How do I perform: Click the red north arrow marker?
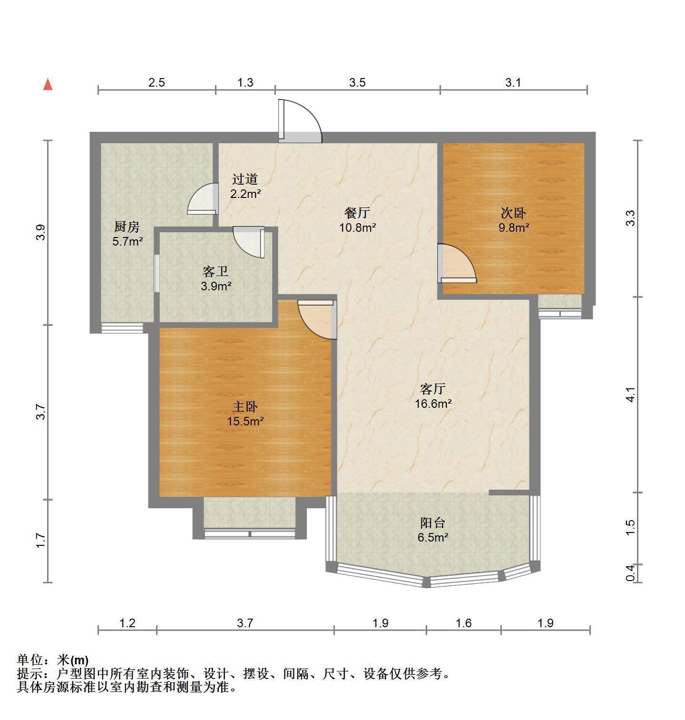(48, 84)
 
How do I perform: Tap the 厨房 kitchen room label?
(127, 227)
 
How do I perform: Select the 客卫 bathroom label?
(215, 272)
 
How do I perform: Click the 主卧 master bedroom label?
(245, 407)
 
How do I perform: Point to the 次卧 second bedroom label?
(513, 213)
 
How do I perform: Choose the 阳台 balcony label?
(433, 523)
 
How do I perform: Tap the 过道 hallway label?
(245, 179)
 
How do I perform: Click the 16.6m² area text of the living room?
(433, 404)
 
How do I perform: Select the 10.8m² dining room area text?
(358, 227)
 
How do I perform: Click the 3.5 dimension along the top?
(357, 82)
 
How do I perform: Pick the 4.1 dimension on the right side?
(630, 395)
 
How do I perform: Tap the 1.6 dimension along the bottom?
(463, 622)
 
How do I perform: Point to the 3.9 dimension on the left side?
(41, 232)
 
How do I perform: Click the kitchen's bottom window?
(122, 328)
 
